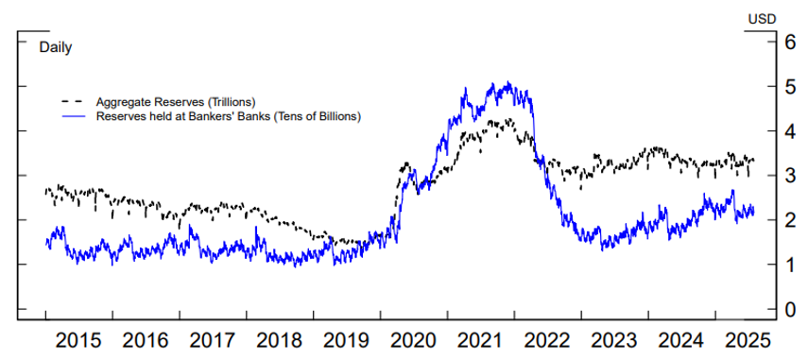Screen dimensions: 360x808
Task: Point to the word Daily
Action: coord(56,46)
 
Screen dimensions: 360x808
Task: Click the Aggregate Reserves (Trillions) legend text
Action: coord(176,101)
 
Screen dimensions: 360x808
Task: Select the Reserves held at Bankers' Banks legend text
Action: coord(230,115)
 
